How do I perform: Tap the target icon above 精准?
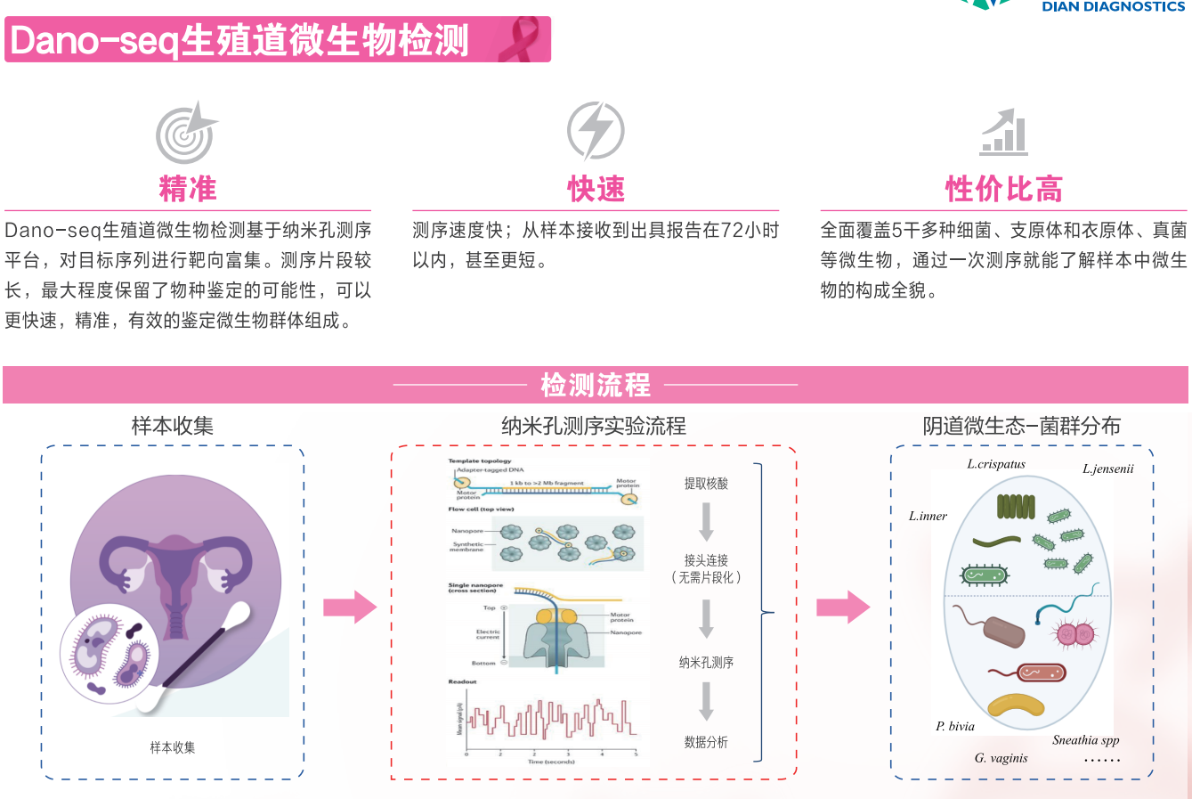(186, 133)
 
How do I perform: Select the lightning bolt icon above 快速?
(596, 131)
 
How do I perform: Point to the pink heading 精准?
(188, 189)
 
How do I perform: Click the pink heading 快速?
(596, 189)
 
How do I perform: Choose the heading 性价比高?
(1003, 189)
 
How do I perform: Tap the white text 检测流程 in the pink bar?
(596, 385)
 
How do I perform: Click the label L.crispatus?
(996, 464)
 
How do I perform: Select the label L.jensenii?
(1107, 469)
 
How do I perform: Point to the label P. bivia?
(955, 727)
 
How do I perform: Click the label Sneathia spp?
(1085, 740)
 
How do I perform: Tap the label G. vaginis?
(1001, 759)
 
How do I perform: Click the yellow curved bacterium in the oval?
(1016, 705)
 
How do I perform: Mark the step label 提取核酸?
(706, 484)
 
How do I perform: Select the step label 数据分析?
(706, 742)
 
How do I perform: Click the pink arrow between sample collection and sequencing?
(349, 607)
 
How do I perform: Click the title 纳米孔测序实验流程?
(594, 427)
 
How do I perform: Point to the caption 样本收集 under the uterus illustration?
(173, 748)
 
